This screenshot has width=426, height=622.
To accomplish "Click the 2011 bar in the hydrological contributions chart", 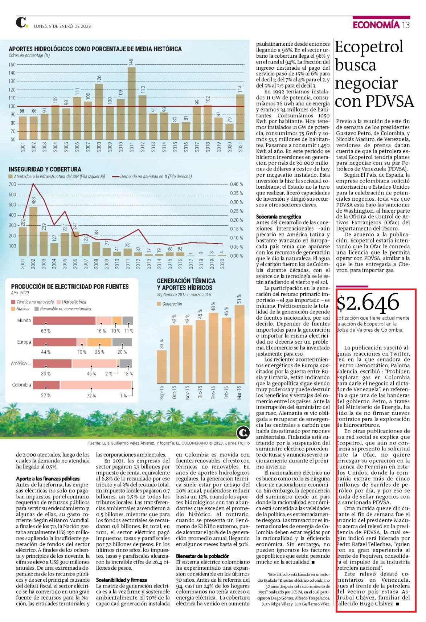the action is point(131,103).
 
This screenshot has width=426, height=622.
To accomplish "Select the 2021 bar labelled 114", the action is point(240,117).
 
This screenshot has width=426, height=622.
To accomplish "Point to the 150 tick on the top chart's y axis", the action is point(12,65).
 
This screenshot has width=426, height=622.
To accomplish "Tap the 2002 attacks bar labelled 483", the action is point(33,231).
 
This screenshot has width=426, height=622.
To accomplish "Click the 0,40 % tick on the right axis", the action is point(236,184).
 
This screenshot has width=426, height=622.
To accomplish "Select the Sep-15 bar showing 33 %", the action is point(161,367).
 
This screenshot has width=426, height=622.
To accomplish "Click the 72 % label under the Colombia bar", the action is point(91,396).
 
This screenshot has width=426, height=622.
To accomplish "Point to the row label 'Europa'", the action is point(24,342).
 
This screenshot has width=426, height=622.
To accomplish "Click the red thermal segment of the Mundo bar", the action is point(65,320).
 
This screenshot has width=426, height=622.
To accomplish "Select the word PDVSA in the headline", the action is point(390,101).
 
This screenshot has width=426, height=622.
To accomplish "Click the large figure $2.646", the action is point(368,302).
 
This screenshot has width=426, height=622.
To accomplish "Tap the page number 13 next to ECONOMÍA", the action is point(406,25).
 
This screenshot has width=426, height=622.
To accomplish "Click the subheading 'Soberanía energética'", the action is point(278,217).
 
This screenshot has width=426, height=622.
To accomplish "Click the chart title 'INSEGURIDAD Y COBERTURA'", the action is point(45,169).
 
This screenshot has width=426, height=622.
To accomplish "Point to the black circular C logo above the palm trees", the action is point(243,433).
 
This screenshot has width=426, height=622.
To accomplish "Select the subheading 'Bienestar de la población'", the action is point(203,556).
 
